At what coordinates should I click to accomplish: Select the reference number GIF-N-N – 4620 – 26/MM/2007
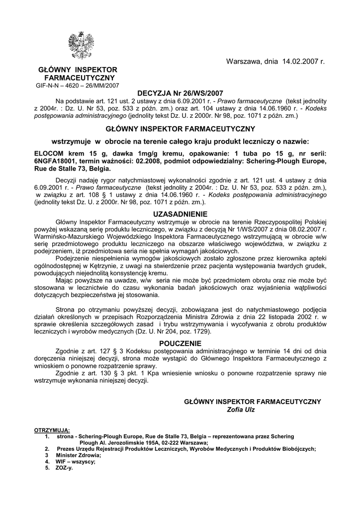[77, 85]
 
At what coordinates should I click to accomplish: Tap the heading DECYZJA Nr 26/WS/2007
[180, 93]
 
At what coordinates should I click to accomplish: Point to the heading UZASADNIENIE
[180, 214]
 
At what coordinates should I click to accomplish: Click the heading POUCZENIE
[180, 343]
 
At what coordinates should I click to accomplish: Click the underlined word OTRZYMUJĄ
[52, 429]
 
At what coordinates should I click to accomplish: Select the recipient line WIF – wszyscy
[76, 461]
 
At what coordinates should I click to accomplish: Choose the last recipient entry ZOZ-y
[64, 468]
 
